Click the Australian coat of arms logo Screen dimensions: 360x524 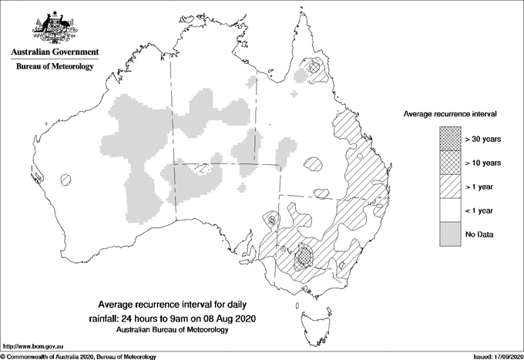point(53,28)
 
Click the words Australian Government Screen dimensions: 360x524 point(54,52)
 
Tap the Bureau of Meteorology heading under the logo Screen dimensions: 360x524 point(54,66)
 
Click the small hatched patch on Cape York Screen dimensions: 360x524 point(314,69)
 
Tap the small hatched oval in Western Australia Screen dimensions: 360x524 point(67,179)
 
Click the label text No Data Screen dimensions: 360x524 point(479,234)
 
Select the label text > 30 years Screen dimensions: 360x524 point(483,138)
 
